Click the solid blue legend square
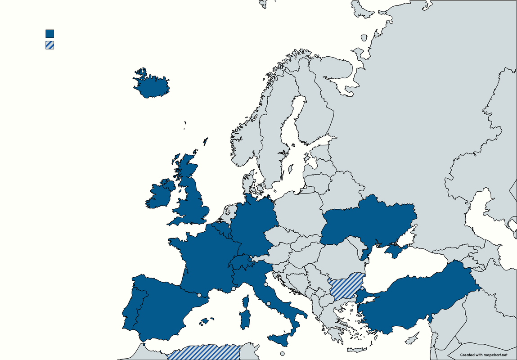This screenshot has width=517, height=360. (49, 33)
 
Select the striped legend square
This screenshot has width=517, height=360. (49, 45)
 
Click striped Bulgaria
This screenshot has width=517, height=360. (346, 286)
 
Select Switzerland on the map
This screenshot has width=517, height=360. (240, 264)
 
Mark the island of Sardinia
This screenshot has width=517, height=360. (245, 319)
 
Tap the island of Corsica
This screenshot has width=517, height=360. (246, 300)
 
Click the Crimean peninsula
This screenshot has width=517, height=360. (395, 250)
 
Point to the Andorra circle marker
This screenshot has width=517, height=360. (199, 295)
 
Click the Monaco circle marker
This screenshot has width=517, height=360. (234, 289)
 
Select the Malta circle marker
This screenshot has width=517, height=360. (282, 354)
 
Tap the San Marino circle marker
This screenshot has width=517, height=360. (266, 284)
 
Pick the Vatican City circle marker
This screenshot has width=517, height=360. (269, 304)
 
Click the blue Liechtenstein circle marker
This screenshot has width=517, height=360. (250, 259)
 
